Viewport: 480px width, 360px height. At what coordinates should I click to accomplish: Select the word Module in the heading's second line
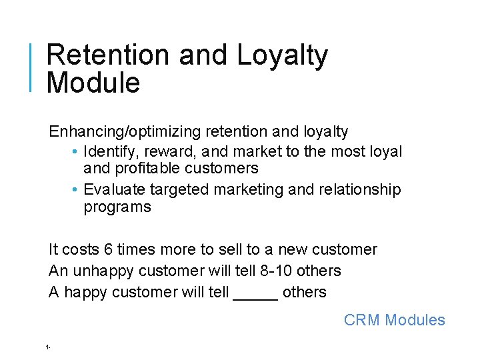click(x=93, y=83)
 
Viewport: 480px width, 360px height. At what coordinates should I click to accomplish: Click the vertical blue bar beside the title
click(x=31, y=67)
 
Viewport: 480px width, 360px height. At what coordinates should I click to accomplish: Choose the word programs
click(x=117, y=207)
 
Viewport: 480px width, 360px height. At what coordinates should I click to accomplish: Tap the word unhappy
click(x=95, y=271)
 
